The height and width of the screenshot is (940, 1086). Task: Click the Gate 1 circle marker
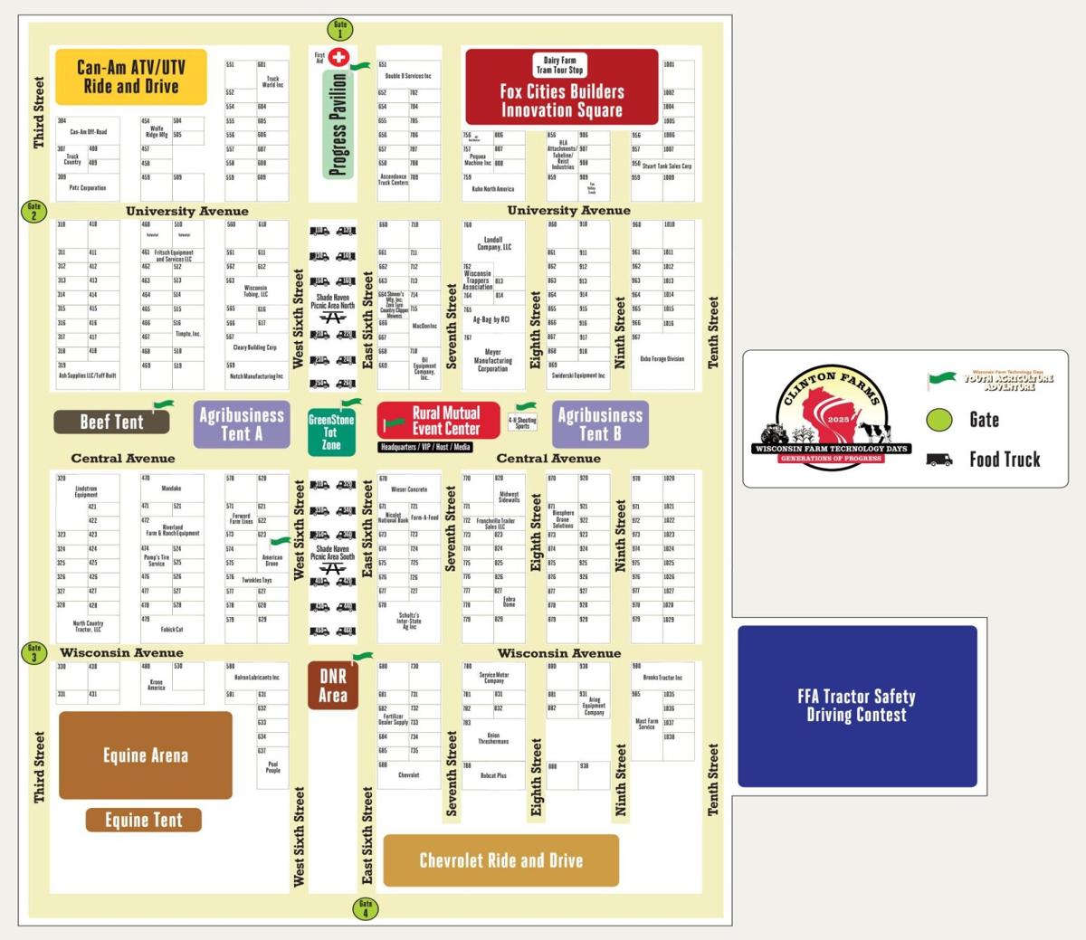pos(340,29)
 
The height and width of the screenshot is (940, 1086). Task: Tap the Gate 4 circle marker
pos(365,908)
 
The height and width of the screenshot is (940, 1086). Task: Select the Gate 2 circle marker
pos(33,211)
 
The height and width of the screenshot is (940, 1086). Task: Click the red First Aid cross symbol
pos(339,58)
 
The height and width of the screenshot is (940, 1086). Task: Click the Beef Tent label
pos(111,422)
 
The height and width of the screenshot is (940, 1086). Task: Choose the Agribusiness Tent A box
pos(242,424)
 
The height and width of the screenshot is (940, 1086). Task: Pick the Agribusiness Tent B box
pos(600,424)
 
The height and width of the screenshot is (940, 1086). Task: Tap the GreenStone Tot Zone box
pos(331,432)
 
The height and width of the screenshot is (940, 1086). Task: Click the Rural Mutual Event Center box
pos(439,420)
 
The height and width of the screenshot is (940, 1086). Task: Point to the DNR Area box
pos(332,686)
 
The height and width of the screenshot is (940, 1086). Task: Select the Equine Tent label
pos(144,821)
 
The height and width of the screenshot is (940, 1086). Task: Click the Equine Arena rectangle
pos(146,755)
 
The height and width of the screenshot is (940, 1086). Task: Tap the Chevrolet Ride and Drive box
pos(501,860)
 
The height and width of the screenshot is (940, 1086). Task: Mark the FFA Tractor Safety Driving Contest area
pos(857,706)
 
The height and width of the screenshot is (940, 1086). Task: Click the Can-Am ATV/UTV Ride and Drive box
pos(131,77)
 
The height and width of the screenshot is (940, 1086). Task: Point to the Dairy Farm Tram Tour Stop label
pos(559,65)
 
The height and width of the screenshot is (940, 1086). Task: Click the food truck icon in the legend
pos(939,460)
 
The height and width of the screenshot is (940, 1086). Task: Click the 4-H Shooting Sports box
pos(522,423)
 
